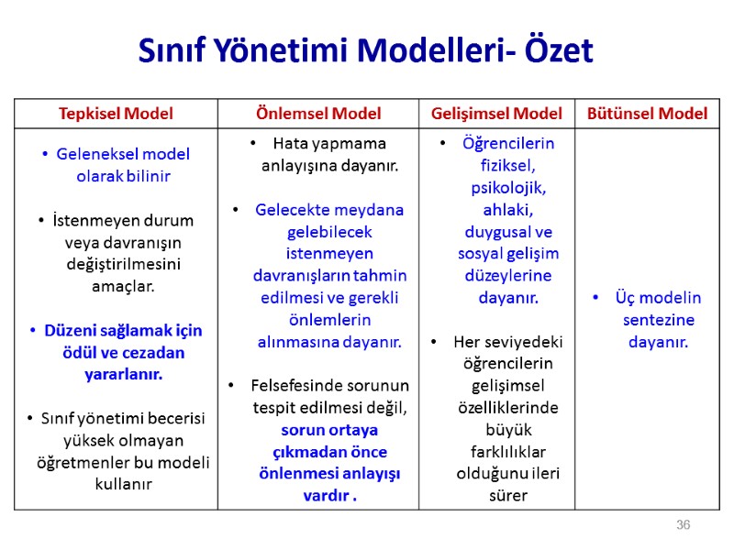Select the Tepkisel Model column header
116,114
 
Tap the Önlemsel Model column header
317,114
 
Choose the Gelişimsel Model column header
496,114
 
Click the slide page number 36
683,525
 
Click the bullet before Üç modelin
596,298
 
